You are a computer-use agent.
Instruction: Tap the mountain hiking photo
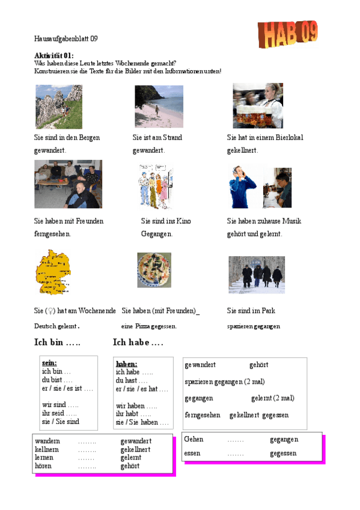pos(59,106)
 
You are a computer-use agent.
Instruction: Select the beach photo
pos(159,106)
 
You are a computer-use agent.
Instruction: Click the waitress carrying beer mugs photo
pos(257,106)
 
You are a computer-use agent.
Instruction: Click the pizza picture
pos(154,269)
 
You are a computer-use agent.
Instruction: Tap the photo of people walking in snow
pos(257,274)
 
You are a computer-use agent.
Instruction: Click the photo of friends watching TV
pos(68,184)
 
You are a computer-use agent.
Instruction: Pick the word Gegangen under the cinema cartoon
pos(157,233)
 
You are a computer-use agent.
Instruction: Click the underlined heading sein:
pos(49,363)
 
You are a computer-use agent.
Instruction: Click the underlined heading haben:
pos(126,364)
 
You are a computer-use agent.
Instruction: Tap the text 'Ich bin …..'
pos(58,343)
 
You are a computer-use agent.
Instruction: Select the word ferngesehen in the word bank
pos(203,415)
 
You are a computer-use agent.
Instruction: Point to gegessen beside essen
pos(283,453)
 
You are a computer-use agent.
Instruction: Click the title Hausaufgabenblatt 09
pos(66,38)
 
